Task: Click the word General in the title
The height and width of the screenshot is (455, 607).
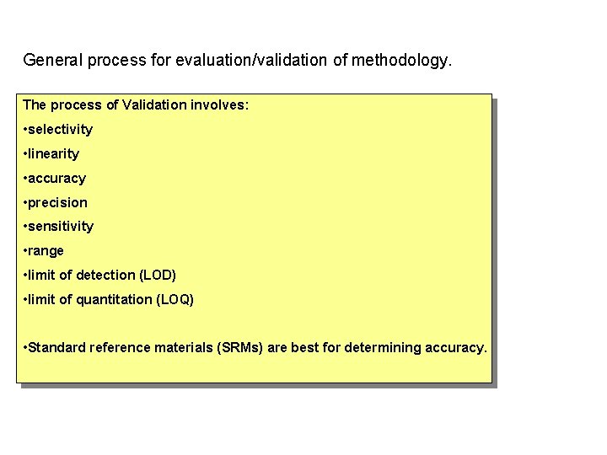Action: pos(51,61)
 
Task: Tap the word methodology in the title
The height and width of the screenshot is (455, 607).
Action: pos(400,61)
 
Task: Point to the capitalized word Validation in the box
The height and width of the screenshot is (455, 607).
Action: pos(153,105)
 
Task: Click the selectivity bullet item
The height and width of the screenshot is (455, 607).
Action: pos(61,130)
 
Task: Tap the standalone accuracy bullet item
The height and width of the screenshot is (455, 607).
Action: pos(57,179)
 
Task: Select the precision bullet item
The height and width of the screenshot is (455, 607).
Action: pos(58,203)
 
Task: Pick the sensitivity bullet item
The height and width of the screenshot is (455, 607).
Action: pos(61,227)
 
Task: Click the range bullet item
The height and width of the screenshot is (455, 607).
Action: pos(46,251)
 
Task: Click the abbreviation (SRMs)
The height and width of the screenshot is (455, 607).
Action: pos(240,348)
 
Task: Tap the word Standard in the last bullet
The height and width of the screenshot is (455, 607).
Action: pos(56,348)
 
